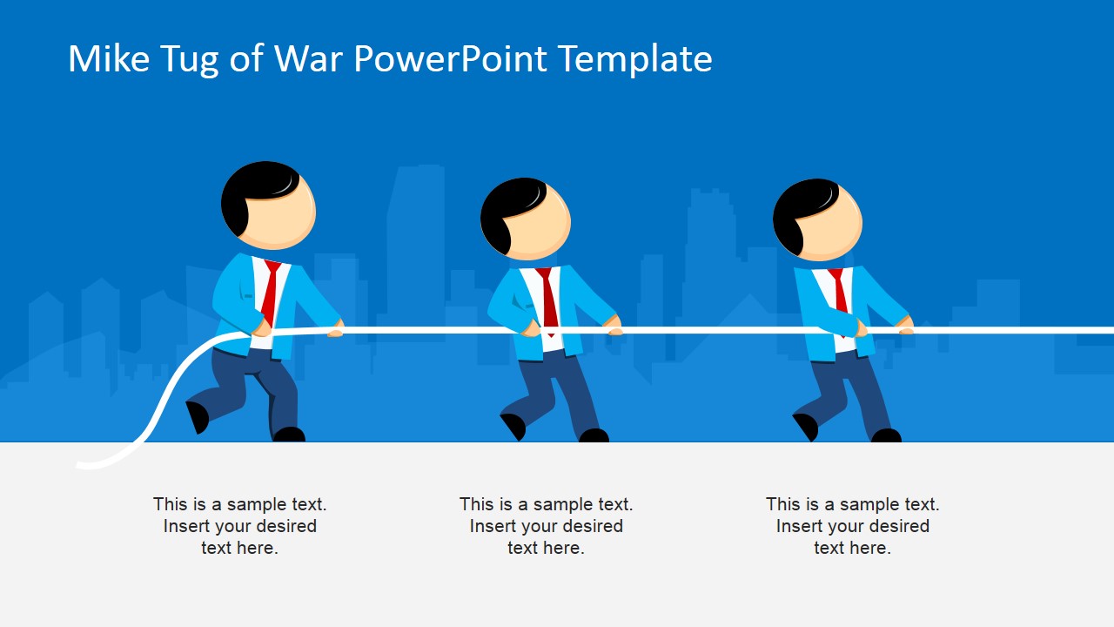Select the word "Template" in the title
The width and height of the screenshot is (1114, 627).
tap(634, 59)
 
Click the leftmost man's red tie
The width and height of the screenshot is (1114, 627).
tap(270, 292)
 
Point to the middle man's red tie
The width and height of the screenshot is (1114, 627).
tap(548, 298)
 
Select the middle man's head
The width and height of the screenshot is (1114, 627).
tap(526, 219)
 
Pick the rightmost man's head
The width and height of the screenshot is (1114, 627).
tap(817, 219)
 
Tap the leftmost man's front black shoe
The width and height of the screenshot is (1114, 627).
tap(289, 434)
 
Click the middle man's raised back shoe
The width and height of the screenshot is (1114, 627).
tap(513, 425)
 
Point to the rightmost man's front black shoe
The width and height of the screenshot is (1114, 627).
tap(886, 435)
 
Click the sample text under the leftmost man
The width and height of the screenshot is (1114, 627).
tap(240, 526)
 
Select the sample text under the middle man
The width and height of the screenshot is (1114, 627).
tap(547, 526)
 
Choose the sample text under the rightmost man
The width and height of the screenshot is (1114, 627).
tap(853, 526)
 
